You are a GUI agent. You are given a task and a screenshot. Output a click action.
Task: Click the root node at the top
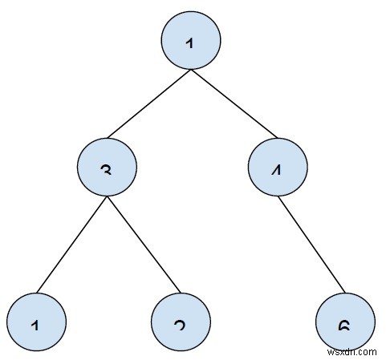[x=190, y=39]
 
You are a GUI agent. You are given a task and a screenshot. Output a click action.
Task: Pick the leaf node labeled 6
[x=344, y=322]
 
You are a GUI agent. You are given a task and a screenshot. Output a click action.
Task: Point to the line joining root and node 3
[x=148, y=105]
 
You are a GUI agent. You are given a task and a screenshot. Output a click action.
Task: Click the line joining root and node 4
[x=234, y=105]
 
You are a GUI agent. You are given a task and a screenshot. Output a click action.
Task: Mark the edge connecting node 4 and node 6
[x=311, y=246]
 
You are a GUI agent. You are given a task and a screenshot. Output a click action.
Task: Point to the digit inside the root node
[x=190, y=44]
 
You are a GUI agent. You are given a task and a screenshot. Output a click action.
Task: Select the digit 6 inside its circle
[x=344, y=326]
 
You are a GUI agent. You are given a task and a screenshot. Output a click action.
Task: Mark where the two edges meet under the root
[x=190, y=71]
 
